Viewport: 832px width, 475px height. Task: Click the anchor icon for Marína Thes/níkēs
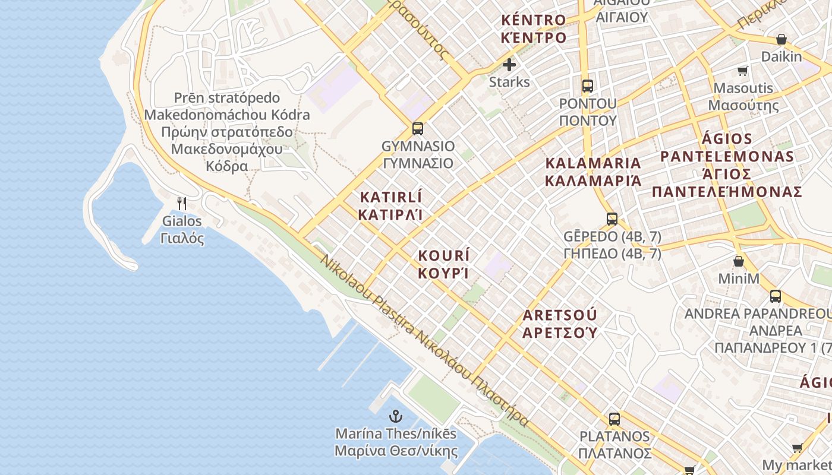(395, 416)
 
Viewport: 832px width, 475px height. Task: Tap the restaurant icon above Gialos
(182, 204)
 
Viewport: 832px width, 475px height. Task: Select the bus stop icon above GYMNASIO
(418, 128)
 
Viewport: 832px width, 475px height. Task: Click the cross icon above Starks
(509, 65)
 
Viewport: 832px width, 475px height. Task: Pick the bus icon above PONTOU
(588, 85)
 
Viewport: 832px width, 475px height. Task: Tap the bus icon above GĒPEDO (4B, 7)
(612, 218)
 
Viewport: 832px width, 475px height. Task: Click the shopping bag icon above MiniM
(739, 261)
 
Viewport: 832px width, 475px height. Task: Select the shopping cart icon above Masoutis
(742, 71)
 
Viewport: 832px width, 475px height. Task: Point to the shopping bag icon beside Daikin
(781, 40)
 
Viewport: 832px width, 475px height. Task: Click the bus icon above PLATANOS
(614, 419)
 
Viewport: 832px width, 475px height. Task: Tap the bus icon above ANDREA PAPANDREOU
(776, 296)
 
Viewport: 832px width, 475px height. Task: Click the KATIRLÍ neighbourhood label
(391, 197)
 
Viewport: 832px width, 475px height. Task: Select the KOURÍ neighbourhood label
(444, 256)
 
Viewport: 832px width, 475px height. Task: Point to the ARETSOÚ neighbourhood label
(559, 315)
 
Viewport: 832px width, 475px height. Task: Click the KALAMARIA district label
(593, 163)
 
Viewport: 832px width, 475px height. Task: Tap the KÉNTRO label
(533, 20)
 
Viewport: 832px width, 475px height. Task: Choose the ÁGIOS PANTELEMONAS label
(727, 148)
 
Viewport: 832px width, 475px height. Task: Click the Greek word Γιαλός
(182, 239)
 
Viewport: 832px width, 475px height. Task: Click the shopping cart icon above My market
(797, 448)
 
